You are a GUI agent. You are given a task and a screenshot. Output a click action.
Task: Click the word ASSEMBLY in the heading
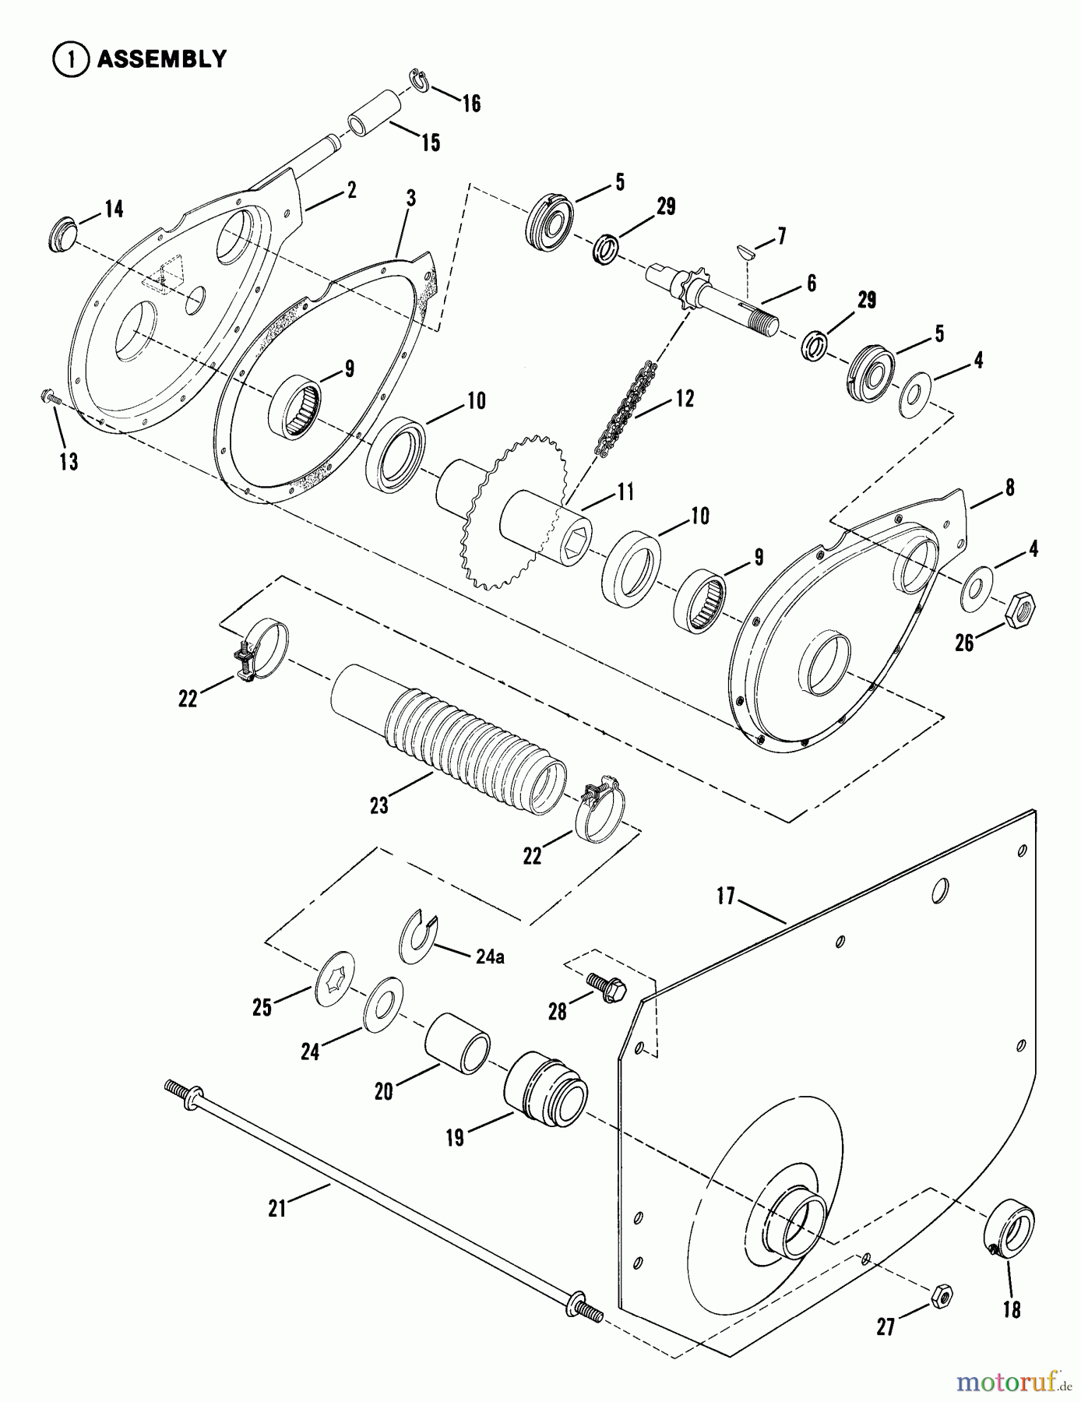161,59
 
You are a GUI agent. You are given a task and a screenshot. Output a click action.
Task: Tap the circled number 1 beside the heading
69,60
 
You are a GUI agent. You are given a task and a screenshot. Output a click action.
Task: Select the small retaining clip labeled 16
417,82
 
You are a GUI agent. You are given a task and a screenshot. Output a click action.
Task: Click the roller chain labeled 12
628,408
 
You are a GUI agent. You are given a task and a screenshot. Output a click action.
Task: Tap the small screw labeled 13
52,399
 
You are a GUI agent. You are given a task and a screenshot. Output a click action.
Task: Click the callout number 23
379,805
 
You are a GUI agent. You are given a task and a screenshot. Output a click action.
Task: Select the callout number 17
726,897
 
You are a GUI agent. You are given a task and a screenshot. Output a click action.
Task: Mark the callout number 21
278,1208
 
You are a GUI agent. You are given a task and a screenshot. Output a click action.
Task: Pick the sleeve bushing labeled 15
375,114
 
